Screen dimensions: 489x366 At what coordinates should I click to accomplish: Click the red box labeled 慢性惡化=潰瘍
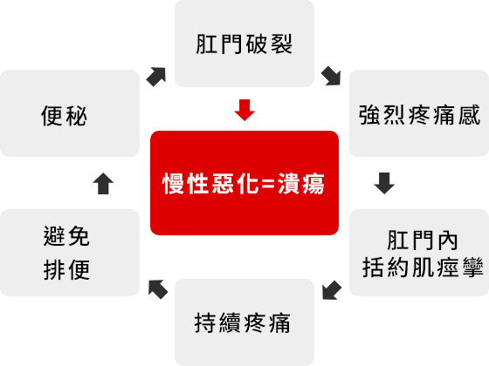(x=244, y=183)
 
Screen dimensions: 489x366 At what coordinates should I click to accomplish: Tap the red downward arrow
(x=244, y=110)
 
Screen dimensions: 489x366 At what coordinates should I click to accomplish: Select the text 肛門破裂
(x=244, y=44)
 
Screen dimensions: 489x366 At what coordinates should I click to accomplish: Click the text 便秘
(x=64, y=116)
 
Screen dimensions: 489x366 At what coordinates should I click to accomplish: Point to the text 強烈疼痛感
(x=419, y=115)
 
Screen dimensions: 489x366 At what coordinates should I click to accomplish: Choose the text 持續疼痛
(x=243, y=322)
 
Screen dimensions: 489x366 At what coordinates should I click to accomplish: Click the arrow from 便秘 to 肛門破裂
(x=156, y=77)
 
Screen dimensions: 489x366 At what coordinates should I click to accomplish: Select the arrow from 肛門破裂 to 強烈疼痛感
(x=331, y=76)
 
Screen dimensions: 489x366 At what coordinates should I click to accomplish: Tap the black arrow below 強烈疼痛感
(x=384, y=183)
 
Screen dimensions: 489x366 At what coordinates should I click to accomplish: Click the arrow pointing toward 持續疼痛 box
(x=332, y=290)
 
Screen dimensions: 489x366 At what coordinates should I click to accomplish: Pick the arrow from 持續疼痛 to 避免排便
(x=158, y=289)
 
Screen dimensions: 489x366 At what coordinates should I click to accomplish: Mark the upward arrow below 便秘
(x=103, y=184)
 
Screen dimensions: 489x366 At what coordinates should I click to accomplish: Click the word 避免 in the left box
(x=66, y=236)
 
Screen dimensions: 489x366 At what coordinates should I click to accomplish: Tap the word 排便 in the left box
(x=66, y=269)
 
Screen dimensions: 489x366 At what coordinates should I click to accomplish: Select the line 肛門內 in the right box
(x=423, y=241)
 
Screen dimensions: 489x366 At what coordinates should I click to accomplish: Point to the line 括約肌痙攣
(x=423, y=267)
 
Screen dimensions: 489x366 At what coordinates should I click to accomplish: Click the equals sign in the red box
(x=268, y=184)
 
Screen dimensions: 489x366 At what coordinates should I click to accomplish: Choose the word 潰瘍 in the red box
(x=301, y=183)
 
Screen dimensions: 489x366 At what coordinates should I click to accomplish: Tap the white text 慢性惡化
(x=210, y=183)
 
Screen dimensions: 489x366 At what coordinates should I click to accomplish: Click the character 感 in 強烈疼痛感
(x=469, y=115)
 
